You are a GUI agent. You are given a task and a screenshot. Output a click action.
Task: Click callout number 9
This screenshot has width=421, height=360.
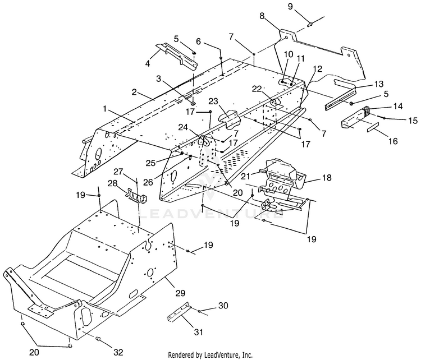coord(290,6)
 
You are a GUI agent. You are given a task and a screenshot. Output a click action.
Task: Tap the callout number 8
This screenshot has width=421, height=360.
coord(262,16)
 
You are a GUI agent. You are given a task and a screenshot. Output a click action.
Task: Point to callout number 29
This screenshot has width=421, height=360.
coord(181,293)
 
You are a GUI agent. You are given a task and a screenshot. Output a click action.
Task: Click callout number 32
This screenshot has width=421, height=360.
coord(118,352)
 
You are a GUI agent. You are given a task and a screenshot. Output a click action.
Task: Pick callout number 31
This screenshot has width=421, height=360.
coord(198,332)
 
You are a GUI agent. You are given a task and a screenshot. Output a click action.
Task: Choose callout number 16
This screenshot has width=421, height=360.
coord(393,141)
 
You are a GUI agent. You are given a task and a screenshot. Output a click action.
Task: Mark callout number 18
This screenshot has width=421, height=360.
coord(327,178)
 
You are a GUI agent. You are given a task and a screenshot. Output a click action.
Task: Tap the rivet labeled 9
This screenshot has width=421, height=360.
coord(309,25)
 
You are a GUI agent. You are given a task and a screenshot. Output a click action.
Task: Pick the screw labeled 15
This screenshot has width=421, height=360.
coord(382,117)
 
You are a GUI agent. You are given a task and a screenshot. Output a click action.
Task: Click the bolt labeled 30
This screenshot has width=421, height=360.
coord(199,311)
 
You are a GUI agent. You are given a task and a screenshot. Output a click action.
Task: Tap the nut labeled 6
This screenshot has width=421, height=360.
coord(221,57)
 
